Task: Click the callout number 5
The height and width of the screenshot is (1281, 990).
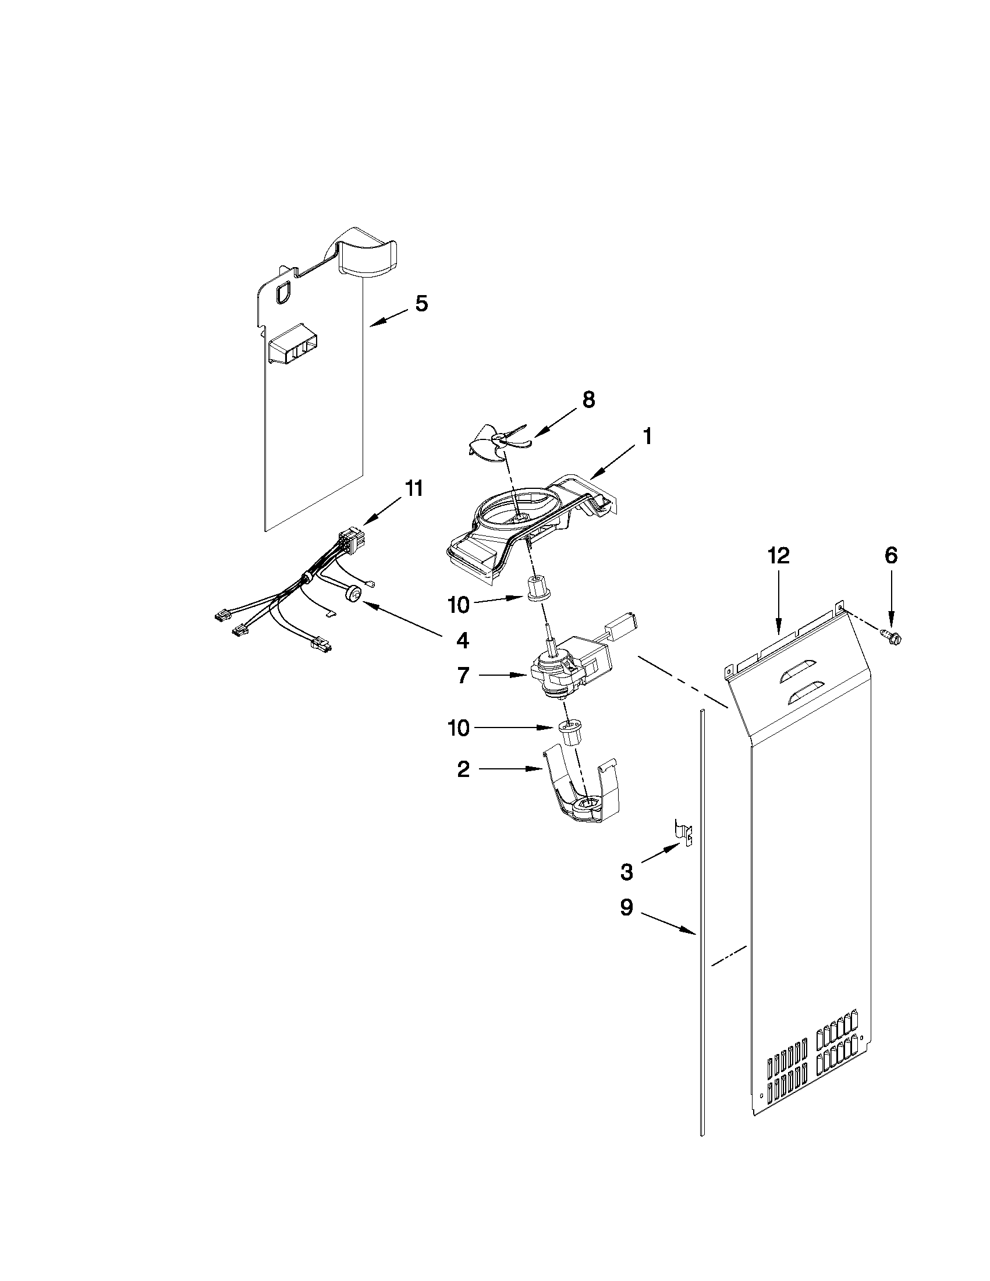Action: pyautogui.click(x=422, y=304)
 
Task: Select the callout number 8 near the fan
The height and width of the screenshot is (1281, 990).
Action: pyautogui.click(x=588, y=400)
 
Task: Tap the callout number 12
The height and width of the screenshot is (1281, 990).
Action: pyautogui.click(x=779, y=555)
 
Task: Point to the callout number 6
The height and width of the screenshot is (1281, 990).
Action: pyautogui.click(x=891, y=555)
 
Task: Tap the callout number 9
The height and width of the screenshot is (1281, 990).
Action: pyautogui.click(x=626, y=909)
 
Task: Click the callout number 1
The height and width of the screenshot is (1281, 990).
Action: pyautogui.click(x=646, y=437)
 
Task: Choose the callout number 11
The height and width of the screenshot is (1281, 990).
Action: pyautogui.click(x=413, y=488)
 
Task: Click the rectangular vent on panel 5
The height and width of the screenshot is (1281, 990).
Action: pyautogui.click(x=292, y=351)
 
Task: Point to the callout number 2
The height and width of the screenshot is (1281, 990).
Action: pyautogui.click(x=463, y=769)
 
